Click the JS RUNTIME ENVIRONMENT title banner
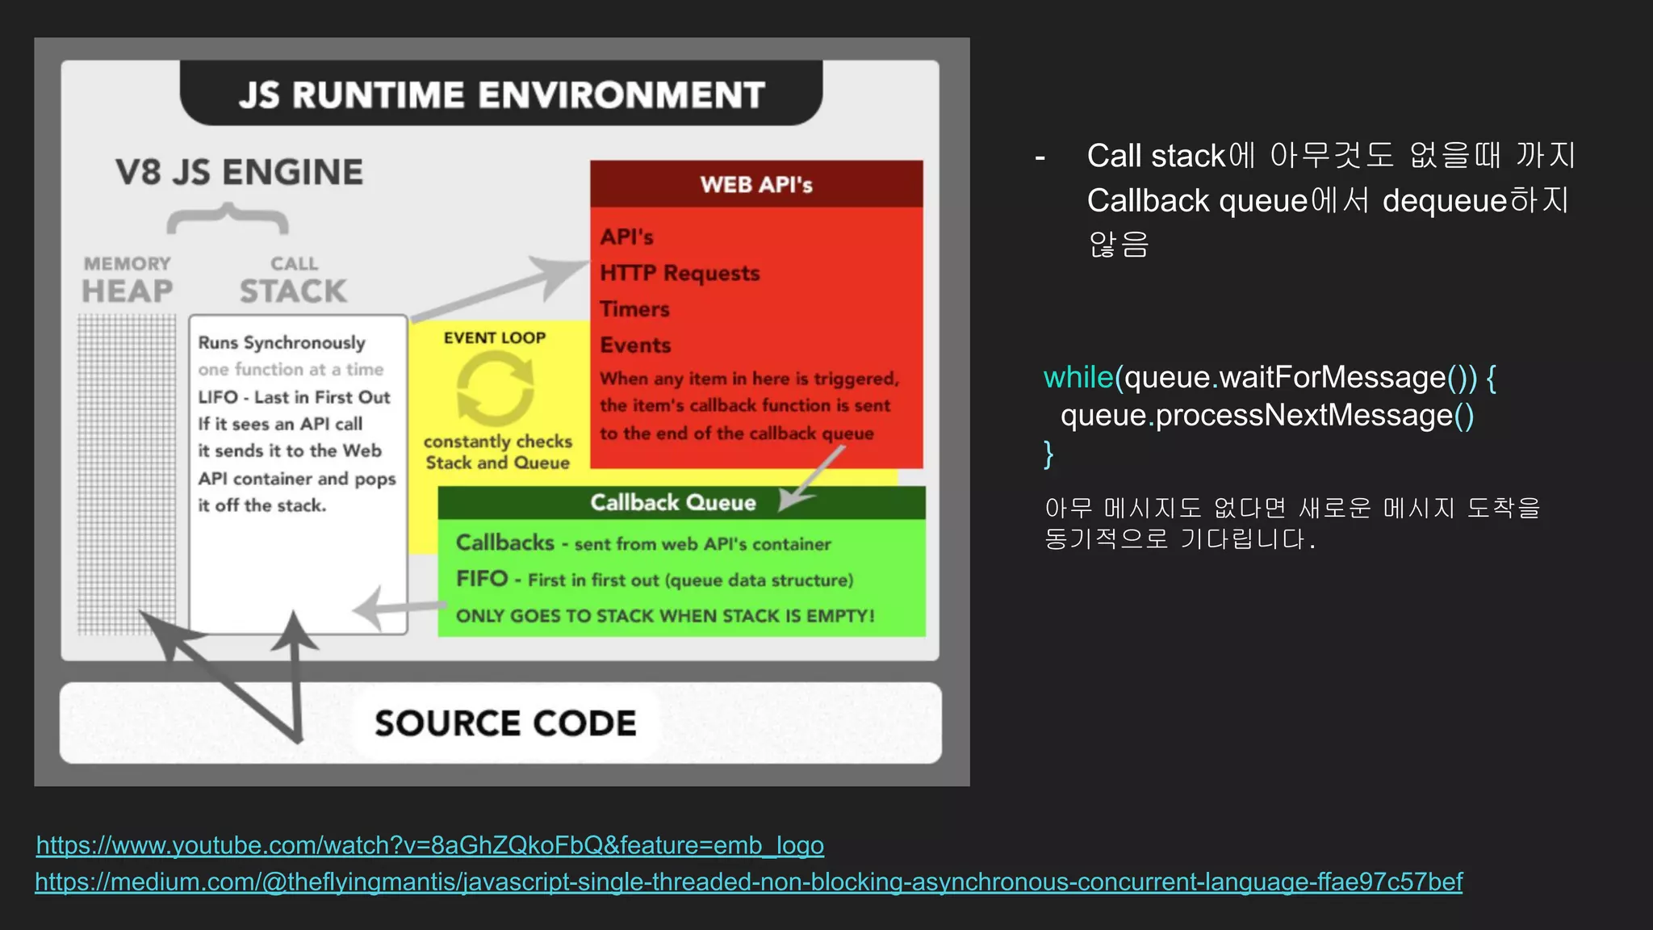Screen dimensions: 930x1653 pyautogui.click(x=500, y=94)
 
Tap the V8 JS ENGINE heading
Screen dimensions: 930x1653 pyautogui.click(x=239, y=172)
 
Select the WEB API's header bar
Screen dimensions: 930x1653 pyautogui.click(x=756, y=184)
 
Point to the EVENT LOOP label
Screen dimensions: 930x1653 pyautogui.click(x=494, y=337)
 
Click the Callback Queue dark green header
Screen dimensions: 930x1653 pyautogui.click(x=672, y=502)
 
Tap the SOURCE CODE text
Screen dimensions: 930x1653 pyautogui.click(x=505, y=723)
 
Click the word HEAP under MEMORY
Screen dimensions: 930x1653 pyautogui.click(x=128, y=291)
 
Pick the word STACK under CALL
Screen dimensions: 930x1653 pyautogui.click(x=293, y=291)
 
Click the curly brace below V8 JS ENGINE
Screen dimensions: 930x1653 pyautogui.click(x=228, y=219)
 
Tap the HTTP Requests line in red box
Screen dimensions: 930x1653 pyautogui.click(x=680, y=273)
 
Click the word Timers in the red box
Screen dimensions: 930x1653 pyautogui.click(x=634, y=309)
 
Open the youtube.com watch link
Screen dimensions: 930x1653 pyautogui.click(x=429, y=845)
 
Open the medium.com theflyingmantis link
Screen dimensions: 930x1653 pyautogui.click(x=748, y=882)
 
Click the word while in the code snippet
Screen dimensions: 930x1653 pyautogui.click(x=1078, y=377)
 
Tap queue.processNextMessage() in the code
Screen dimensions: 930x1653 pyautogui.click(x=1266, y=415)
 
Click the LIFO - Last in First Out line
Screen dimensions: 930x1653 pyautogui.click(x=294, y=397)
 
